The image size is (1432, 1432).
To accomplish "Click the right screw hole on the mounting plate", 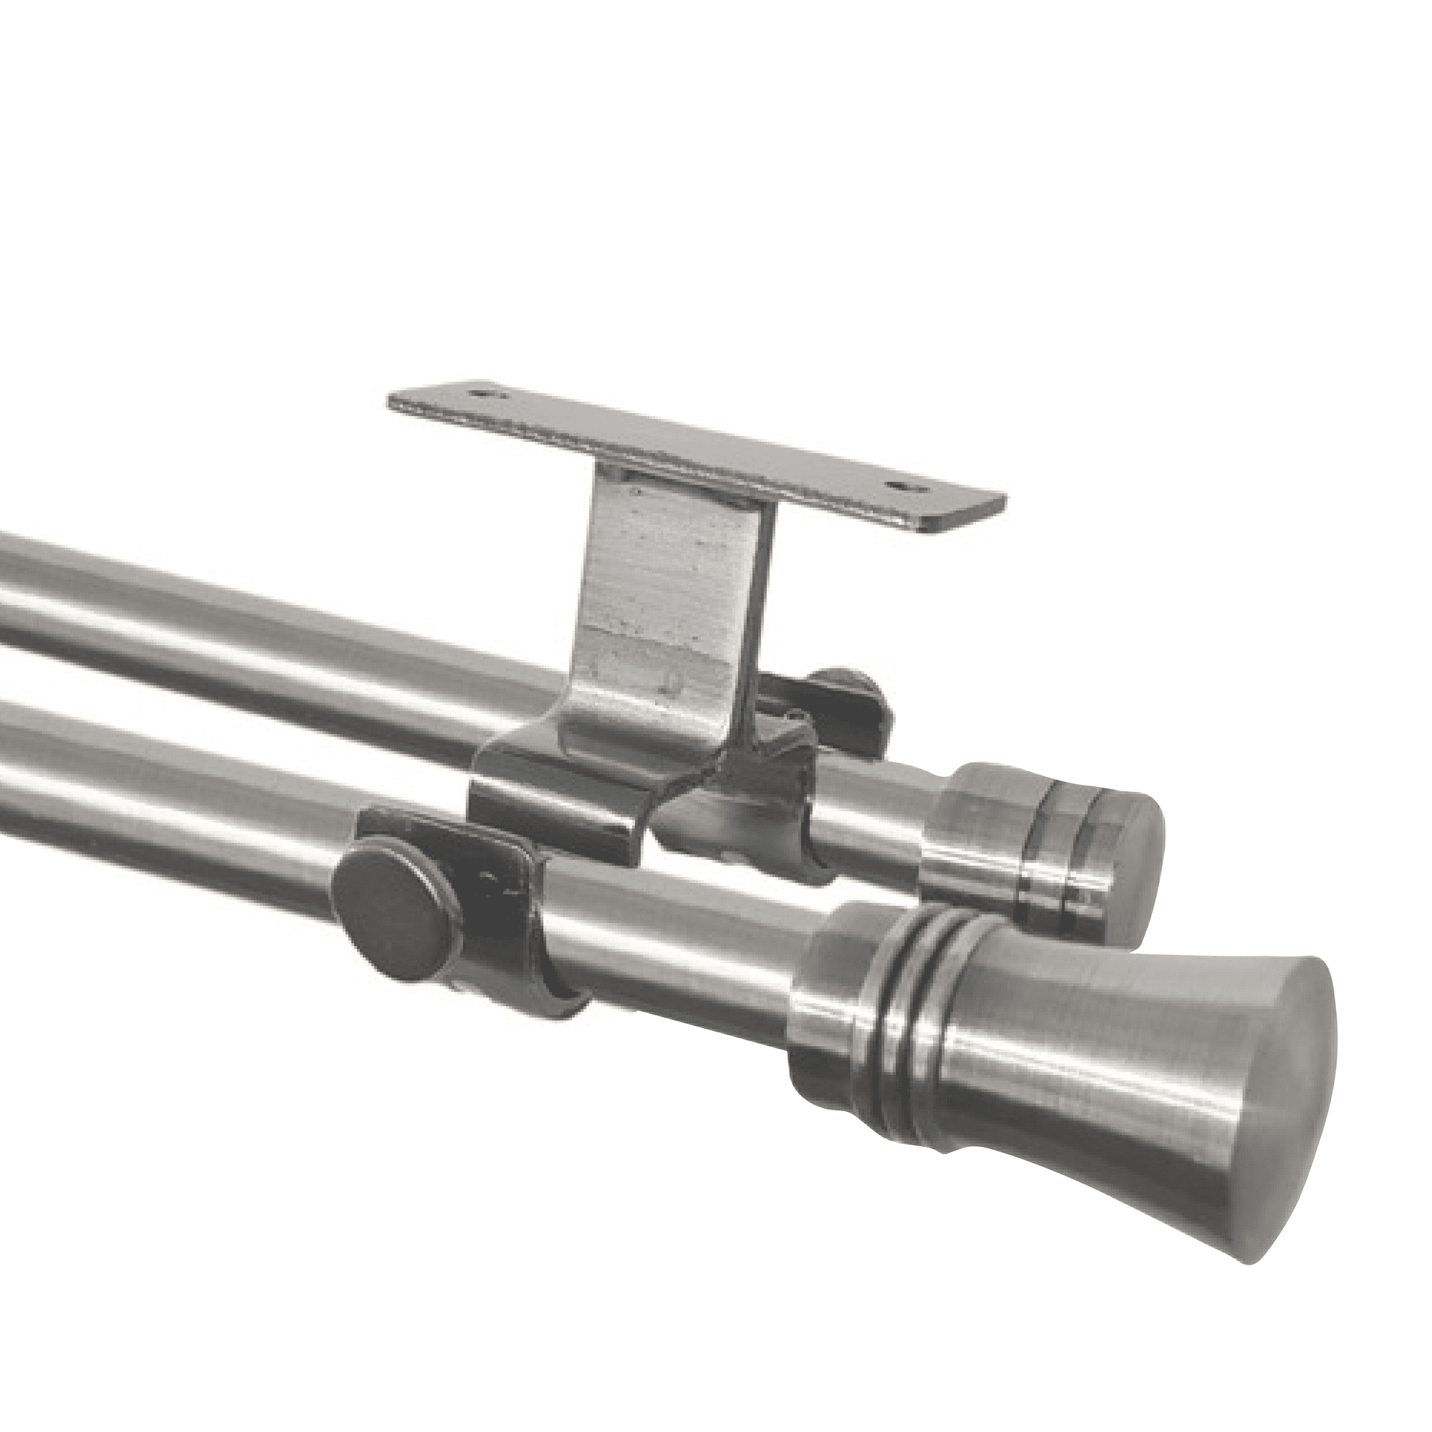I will (901, 487).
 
